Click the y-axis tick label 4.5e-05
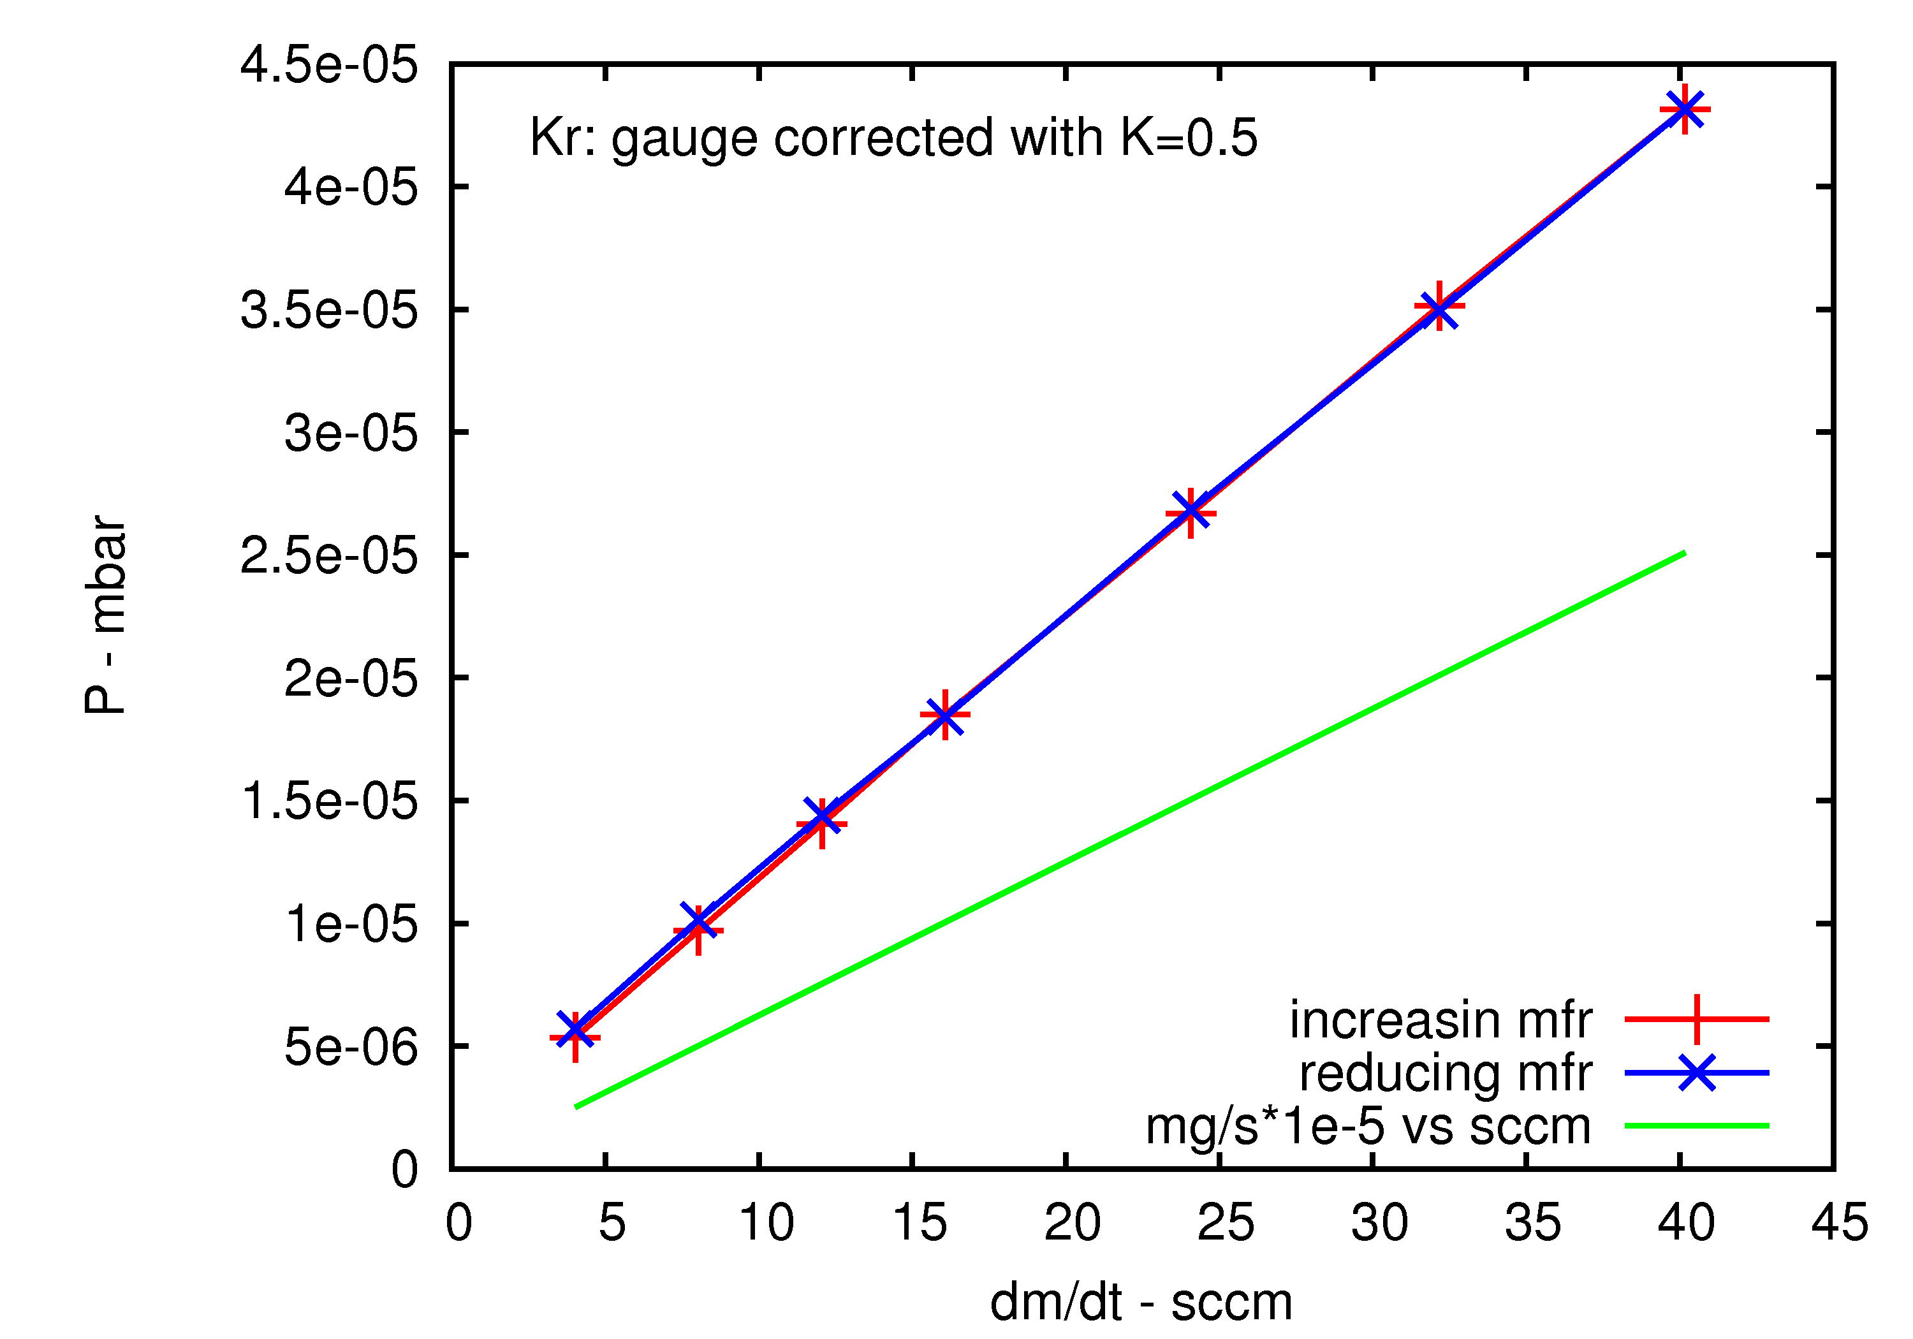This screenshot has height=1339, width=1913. click(x=328, y=65)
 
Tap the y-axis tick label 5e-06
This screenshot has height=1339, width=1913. click(x=350, y=1046)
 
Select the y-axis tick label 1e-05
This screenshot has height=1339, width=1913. click(x=350, y=924)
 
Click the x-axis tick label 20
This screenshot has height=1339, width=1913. click(x=1073, y=1223)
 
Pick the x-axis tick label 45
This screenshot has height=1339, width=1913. click(x=1840, y=1223)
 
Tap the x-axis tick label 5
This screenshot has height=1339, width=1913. click(x=612, y=1223)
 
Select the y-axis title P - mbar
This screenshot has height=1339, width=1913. click(x=105, y=615)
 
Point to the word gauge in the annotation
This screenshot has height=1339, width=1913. click(x=684, y=139)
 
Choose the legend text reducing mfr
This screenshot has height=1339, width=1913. click(x=1446, y=1073)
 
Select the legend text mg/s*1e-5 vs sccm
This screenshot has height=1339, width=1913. click(x=1368, y=1127)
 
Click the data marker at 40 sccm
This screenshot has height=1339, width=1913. click(x=1685, y=109)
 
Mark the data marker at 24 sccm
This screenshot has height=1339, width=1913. click(x=1191, y=511)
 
